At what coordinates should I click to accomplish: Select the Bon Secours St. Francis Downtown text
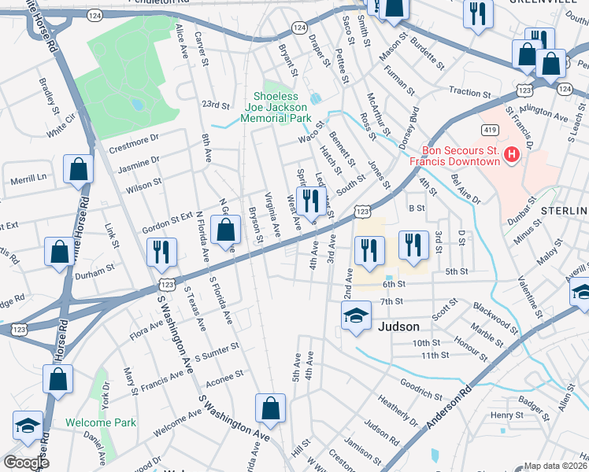point(461,156)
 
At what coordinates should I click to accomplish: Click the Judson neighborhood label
point(400,326)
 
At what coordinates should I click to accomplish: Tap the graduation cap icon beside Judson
point(356,315)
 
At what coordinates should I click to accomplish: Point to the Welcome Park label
point(101,422)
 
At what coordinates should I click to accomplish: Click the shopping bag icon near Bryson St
point(226,230)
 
